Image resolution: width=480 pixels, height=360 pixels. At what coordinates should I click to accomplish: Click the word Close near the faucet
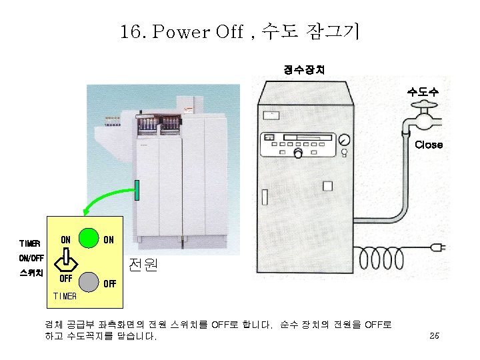tap(428, 145)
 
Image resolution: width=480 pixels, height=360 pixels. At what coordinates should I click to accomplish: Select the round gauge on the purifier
tap(344, 140)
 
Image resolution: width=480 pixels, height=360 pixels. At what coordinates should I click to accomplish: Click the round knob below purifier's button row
tap(298, 154)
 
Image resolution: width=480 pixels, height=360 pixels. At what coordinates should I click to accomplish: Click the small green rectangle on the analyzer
tap(137, 190)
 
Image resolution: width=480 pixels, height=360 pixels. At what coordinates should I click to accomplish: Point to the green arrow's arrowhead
tap(85, 211)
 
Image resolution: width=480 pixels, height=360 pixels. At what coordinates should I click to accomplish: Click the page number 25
tap(434, 335)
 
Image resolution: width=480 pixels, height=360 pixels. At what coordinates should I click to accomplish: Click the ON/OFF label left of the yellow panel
tap(31, 258)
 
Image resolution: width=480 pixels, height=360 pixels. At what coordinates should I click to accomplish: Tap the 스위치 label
tap(31, 273)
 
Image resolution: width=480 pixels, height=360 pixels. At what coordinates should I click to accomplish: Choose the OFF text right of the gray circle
tap(109, 283)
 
